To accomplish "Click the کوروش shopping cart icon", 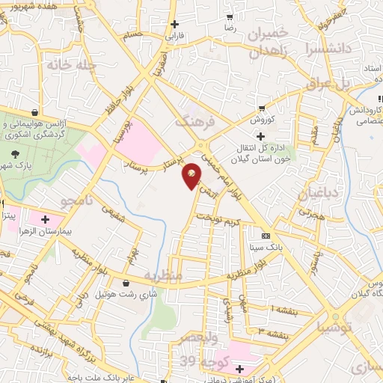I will point(260,108).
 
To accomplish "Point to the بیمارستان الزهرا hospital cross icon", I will point(46,220).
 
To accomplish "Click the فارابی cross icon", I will point(174,23).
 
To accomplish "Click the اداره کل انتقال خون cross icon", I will point(260,136).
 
